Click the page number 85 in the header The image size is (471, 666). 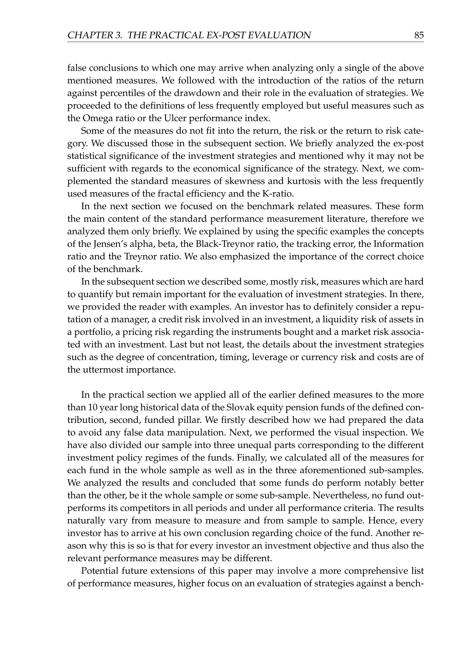click(x=419, y=35)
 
